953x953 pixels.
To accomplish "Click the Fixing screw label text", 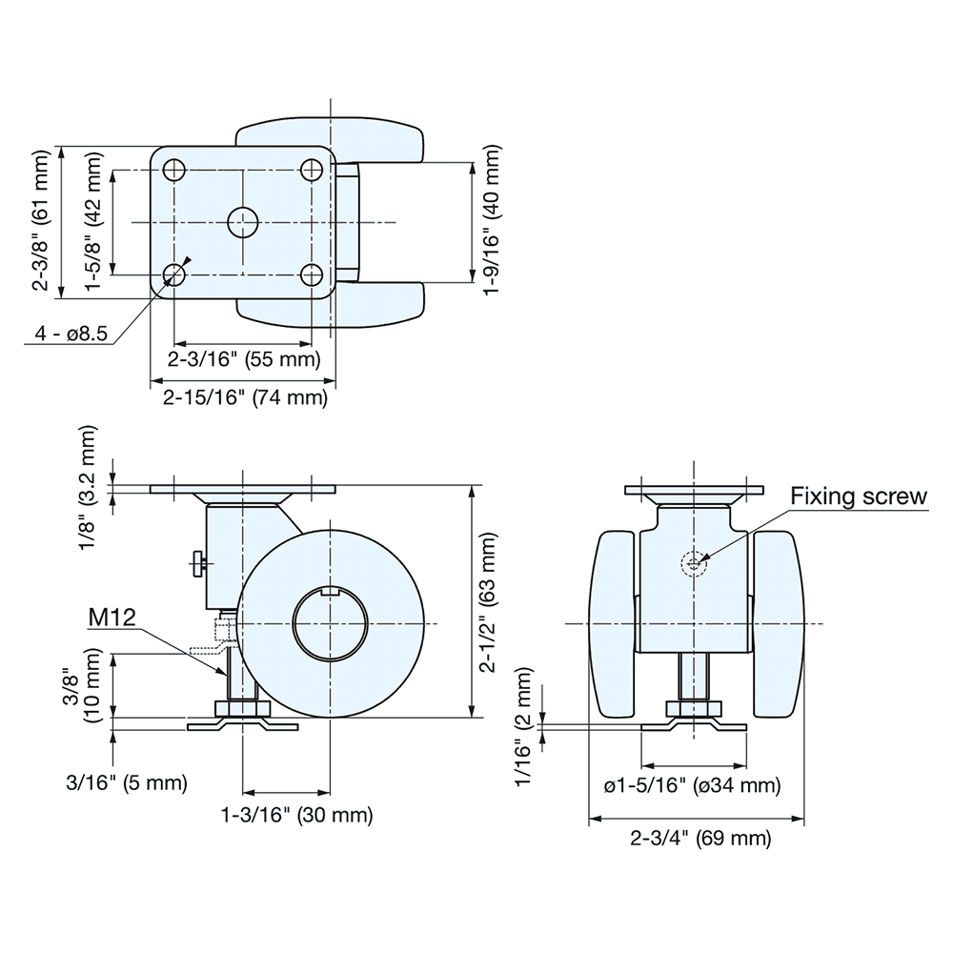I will click(859, 497).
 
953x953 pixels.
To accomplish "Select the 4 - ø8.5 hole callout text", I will click(71, 334).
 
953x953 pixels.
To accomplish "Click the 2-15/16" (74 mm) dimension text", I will click(245, 397).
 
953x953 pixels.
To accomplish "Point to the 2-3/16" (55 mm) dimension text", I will click(243, 359).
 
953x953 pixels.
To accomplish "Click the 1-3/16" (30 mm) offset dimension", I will click(296, 815).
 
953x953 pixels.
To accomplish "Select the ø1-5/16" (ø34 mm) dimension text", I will click(692, 785).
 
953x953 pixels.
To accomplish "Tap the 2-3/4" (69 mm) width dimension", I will click(700, 839).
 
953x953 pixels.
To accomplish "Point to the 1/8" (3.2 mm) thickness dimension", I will click(88, 487).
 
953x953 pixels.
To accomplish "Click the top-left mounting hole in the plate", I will click(174, 171).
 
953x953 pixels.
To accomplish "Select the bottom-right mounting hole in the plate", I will click(311, 274).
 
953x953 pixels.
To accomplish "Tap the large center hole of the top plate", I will click(243, 223).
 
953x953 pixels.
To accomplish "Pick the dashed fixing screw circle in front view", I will click(694, 564).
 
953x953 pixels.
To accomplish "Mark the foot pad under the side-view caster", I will click(243, 726).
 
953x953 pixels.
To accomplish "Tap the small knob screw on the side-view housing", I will click(197, 563).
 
